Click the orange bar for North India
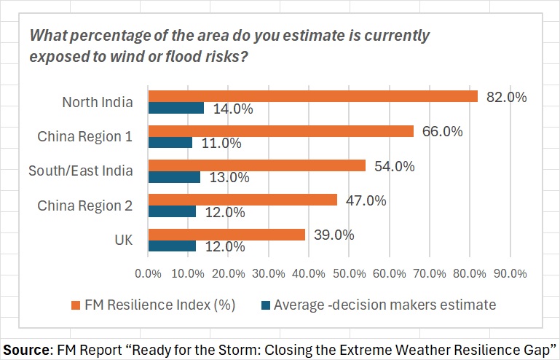pos(313,96)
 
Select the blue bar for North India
pos(176,108)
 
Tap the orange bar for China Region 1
pos(281,131)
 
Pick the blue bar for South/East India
pos(174,177)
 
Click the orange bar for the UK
pos(226,235)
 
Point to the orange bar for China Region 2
pos(242,200)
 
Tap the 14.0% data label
pos(233,109)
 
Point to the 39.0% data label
pos(334,235)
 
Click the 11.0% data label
pos(221,143)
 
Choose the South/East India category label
pos(81,171)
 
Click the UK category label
pos(124,240)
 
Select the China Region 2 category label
pos(85,206)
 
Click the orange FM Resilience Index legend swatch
pos(75,305)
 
